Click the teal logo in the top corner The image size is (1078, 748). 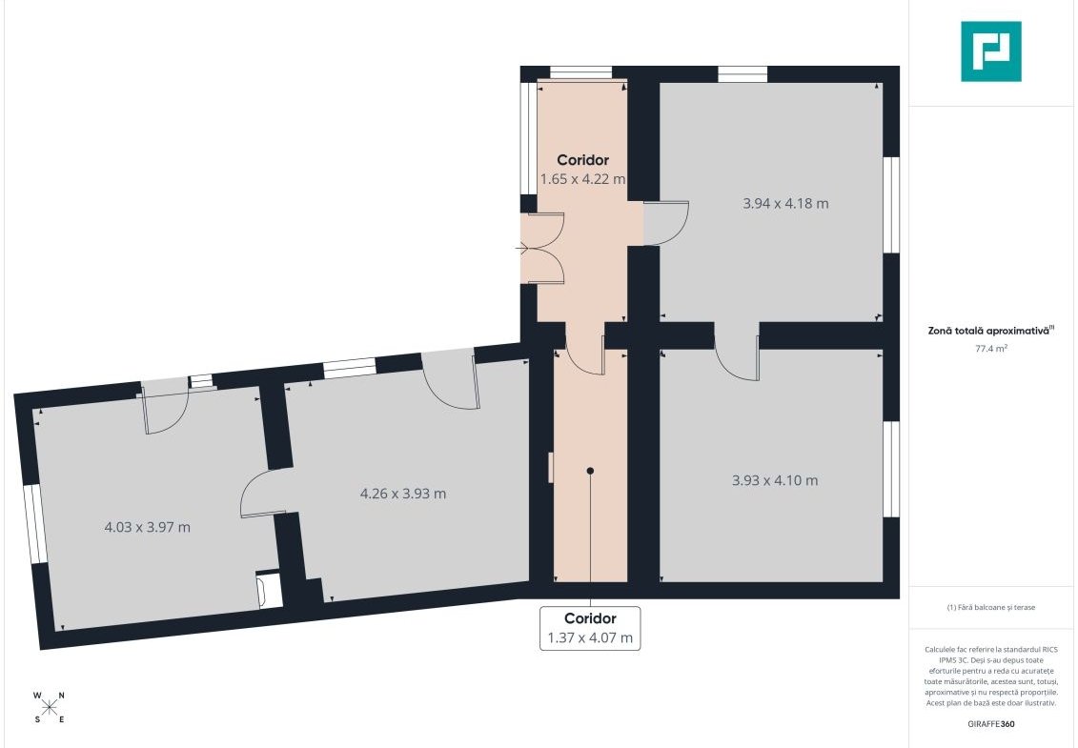click(x=990, y=51)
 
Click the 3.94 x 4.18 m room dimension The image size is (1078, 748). click(x=785, y=204)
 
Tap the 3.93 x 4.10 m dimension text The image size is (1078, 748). click(x=775, y=480)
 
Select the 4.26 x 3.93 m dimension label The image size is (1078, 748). click(x=403, y=494)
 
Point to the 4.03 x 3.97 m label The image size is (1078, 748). click(x=147, y=527)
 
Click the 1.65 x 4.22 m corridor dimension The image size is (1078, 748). click(x=583, y=179)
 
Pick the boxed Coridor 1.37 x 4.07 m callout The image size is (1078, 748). click(x=590, y=628)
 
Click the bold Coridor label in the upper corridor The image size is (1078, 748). click(x=583, y=160)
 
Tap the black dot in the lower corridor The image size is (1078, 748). click(x=590, y=471)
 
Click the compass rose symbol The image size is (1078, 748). click(x=50, y=707)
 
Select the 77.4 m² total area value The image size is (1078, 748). click(x=990, y=349)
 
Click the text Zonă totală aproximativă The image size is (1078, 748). click(x=988, y=331)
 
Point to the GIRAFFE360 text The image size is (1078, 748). click(x=990, y=724)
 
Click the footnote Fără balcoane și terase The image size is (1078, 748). click(x=990, y=607)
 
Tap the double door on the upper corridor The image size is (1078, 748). click(x=542, y=248)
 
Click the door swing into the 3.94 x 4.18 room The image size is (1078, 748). click(x=665, y=223)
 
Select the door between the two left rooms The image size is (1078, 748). click(x=263, y=494)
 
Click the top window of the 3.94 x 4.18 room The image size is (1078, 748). click(x=742, y=74)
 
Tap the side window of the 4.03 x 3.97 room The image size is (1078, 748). click(x=35, y=525)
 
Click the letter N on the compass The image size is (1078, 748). click(x=61, y=696)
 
